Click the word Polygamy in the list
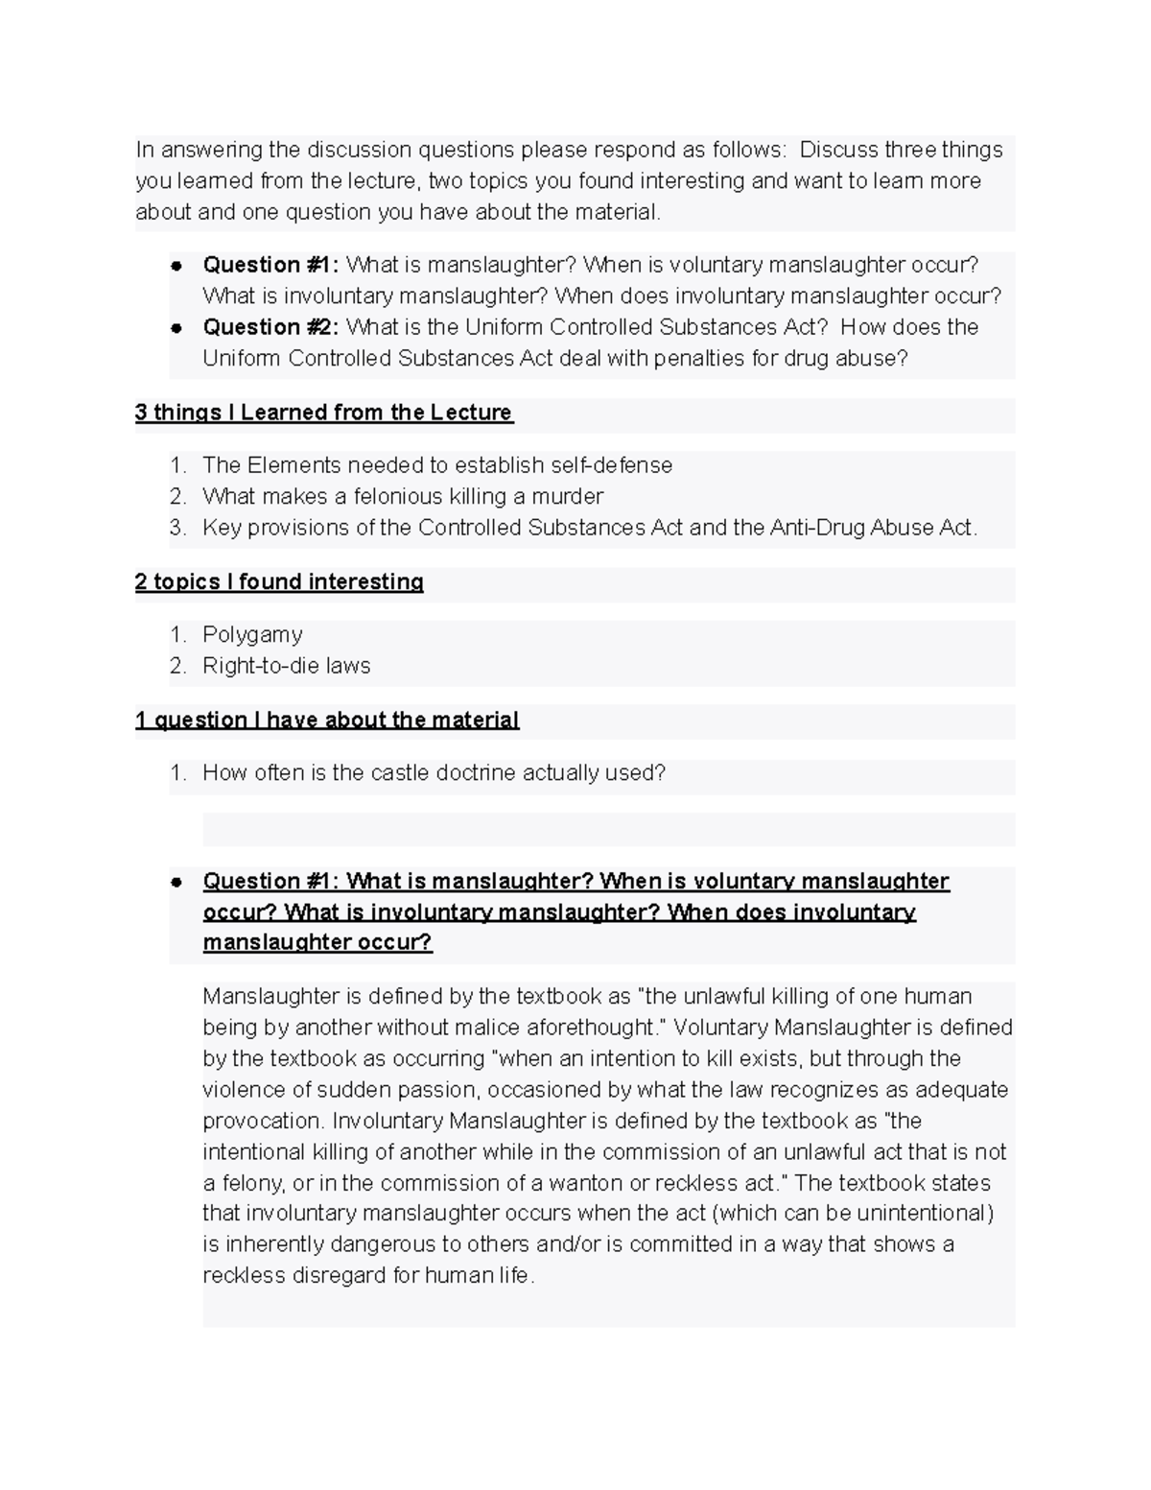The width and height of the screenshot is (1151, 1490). point(252,635)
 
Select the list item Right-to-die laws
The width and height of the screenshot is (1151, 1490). point(286,666)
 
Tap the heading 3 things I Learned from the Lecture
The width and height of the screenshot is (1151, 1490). point(323,413)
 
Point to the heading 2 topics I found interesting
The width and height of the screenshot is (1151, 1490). point(279,582)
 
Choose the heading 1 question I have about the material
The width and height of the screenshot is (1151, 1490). point(327,721)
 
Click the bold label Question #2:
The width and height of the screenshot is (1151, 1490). point(270,327)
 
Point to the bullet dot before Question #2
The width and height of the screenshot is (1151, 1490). point(176,327)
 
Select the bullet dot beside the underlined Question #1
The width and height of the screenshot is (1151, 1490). point(176,882)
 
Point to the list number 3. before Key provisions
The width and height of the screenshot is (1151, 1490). point(177,528)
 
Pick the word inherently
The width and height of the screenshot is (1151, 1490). point(274,1245)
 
